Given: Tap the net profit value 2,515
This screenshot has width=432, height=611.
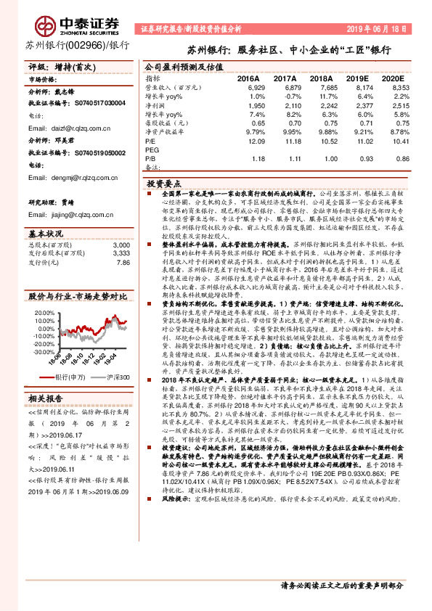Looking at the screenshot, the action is click(x=391, y=105).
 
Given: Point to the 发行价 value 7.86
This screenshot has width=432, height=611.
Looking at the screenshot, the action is click(x=123, y=244).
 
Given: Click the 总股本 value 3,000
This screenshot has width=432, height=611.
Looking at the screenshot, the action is click(x=121, y=225).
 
